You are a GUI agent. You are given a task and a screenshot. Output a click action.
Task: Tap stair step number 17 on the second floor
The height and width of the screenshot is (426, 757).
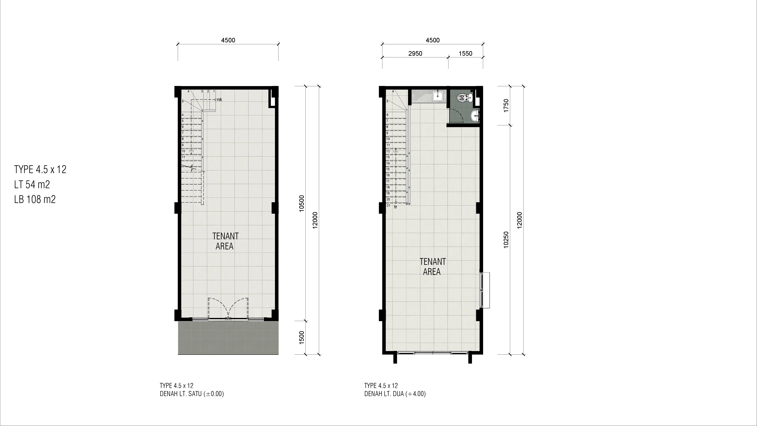[388, 181]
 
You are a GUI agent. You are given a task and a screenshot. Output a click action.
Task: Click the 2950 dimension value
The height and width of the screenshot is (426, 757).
[415, 54]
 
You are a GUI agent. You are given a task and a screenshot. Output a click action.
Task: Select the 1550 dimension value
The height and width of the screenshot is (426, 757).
[466, 54]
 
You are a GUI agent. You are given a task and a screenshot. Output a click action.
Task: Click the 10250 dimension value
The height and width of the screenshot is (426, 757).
[506, 240]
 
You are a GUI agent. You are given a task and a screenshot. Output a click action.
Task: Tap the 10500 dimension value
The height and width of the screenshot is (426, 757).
[302, 203]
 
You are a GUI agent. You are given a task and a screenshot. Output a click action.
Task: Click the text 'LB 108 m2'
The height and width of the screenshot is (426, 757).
[35, 199]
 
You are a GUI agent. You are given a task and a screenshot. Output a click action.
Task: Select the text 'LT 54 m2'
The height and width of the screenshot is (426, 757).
[32, 184]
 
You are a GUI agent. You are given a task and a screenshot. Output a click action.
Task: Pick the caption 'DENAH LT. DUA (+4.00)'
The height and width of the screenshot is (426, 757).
[395, 394]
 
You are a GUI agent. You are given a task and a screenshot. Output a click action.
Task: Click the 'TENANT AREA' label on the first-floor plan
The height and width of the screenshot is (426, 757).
[225, 241]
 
